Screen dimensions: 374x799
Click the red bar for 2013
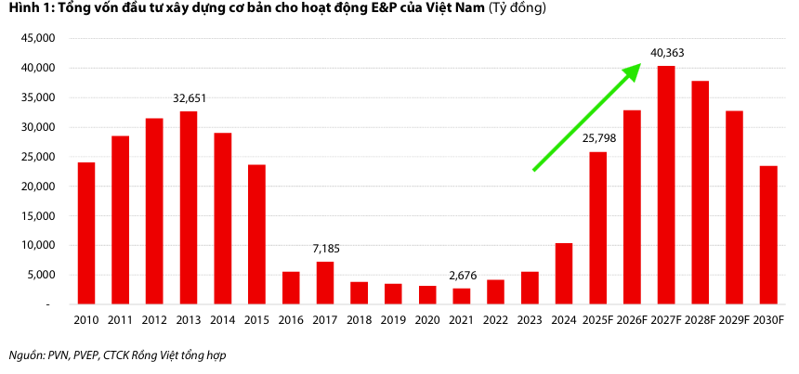(189, 208)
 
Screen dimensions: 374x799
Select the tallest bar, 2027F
(666, 185)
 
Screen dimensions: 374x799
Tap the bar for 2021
(462, 296)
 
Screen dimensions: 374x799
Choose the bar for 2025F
(598, 228)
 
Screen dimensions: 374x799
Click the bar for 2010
(86, 233)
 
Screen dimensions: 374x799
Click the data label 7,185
(325, 250)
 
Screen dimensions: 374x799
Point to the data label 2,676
(462, 276)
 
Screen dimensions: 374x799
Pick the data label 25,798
(598, 139)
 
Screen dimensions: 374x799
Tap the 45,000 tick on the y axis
(41, 38)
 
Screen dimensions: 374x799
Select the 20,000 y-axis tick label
(41, 186)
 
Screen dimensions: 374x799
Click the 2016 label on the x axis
(291, 321)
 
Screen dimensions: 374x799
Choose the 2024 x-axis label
(564, 321)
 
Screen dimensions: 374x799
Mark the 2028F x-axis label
(701, 321)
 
